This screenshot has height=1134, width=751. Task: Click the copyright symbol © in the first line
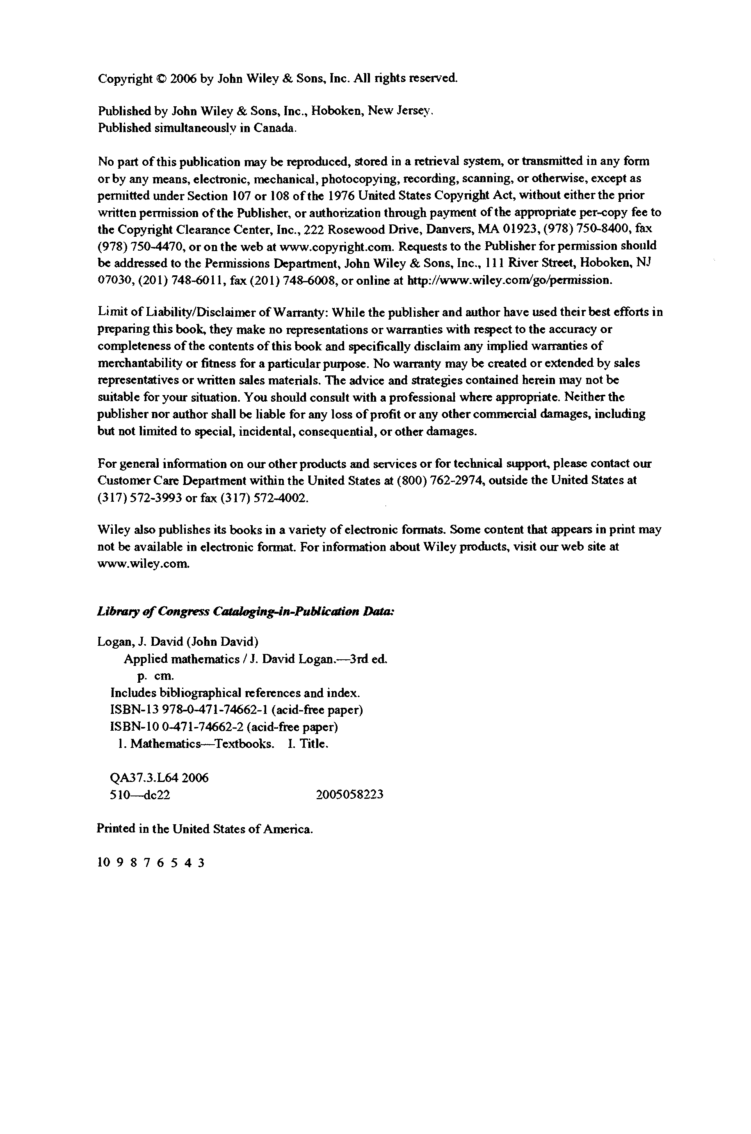coord(162,79)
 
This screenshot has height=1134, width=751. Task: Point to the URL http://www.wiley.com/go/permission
coord(509,280)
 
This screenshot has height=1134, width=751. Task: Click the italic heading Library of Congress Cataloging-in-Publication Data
coord(246,612)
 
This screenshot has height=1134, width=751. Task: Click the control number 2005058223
coord(349,795)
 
